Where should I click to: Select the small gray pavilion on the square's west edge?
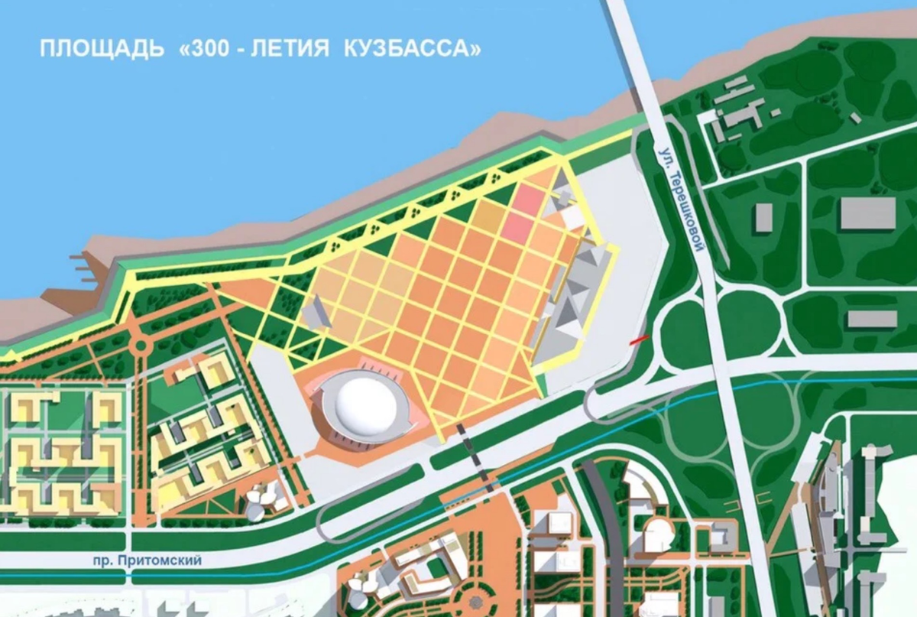[315, 313]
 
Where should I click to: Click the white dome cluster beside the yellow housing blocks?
[260, 500]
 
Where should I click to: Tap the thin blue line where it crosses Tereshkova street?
[736, 388]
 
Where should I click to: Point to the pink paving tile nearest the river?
[527, 196]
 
